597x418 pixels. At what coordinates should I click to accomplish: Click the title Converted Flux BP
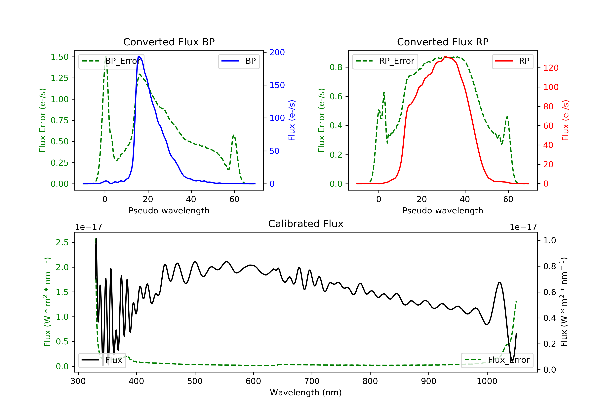point(169,42)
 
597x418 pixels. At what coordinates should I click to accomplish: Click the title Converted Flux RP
point(443,42)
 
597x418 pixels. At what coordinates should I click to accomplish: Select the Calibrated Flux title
point(306,224)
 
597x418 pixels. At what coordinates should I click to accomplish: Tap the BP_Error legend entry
point(111,61)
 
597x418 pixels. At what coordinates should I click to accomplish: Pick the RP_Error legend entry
point(385,61)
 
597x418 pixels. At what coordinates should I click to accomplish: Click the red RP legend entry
point(512,61)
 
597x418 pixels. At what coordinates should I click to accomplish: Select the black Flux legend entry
point(102,360)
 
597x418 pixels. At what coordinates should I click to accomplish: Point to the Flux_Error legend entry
point(497,360)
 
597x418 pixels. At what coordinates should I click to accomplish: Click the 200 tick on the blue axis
point(277,52)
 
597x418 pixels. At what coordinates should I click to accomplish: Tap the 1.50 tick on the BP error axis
point(60,57)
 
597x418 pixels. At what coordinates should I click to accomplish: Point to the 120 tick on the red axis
point(551,68)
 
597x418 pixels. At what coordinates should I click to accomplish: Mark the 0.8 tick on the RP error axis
point(336,67)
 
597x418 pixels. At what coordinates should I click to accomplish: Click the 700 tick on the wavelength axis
point(312,381)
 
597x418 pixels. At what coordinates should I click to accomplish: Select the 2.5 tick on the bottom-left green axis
point(62,242)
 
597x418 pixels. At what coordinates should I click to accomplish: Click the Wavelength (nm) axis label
point(306,393)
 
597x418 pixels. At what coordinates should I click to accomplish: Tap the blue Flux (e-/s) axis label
point(292,120)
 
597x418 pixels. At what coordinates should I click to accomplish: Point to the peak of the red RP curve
point(445,57)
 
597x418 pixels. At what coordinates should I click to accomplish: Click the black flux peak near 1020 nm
point(499,282)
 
